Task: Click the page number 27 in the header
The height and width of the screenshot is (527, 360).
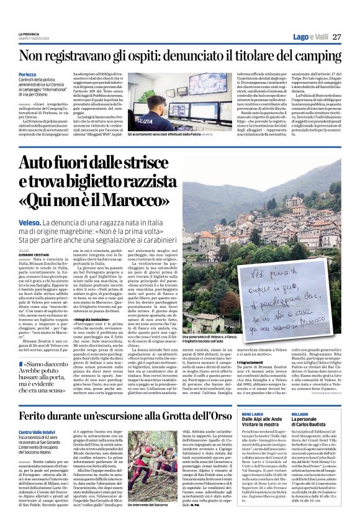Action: click(336, 37)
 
